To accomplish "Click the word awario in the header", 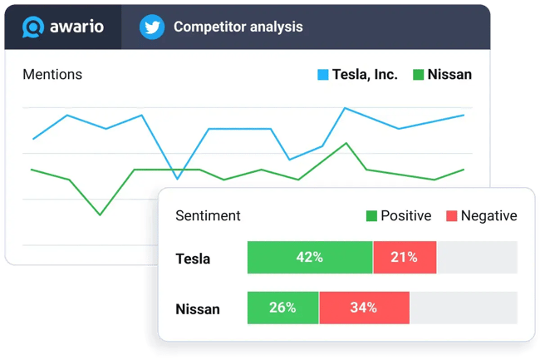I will point(76,27).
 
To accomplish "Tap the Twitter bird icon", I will point(151,27).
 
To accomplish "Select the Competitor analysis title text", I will point(238,27).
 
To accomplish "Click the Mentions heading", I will point(52,74).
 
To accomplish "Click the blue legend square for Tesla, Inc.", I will point(323,75).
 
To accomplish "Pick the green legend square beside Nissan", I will point(419,75).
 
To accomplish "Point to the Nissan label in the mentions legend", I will point(449,74).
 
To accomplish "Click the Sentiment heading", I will point(208,215).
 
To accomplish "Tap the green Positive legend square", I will point(371,216).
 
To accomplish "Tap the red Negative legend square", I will point(451,216).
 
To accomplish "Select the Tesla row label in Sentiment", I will point(193,259).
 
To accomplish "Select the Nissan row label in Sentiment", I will point(198,309).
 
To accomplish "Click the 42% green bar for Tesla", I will point(310,258).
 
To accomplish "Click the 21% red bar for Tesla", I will point(405,258).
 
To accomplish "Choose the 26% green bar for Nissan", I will point(282,308).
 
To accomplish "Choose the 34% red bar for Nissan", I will point(364,308).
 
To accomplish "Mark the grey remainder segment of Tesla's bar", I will point(476,258).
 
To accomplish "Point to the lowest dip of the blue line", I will point(177,178).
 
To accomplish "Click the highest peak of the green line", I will point(346,143).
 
